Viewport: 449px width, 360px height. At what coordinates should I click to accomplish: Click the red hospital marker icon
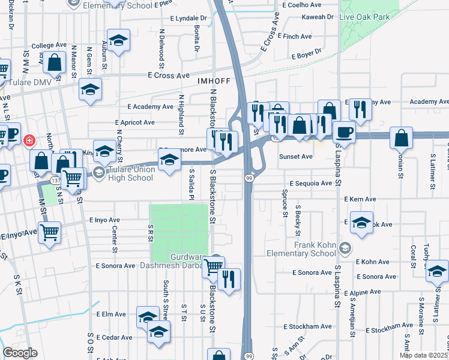[28, 141]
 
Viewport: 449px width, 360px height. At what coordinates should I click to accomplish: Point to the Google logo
[20, 353]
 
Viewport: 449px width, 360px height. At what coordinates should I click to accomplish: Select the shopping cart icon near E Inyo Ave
[49, 231]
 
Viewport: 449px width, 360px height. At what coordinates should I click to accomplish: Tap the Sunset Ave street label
[296, 157]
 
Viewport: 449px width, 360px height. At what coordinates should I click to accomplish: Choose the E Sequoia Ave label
[310, 183]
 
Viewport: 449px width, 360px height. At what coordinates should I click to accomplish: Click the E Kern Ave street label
[360, 199]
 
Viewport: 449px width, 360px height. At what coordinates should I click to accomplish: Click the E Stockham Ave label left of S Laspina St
[309, 326]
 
